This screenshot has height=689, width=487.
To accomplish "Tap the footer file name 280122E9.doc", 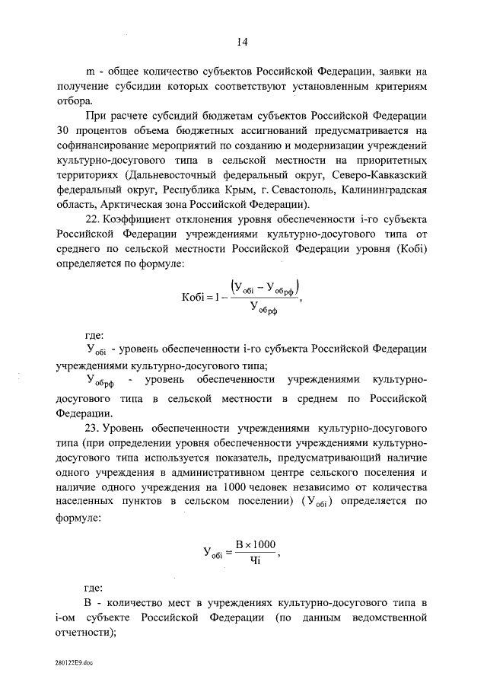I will [x=75, y=665].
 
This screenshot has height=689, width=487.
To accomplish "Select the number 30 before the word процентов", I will [x=64, y=130].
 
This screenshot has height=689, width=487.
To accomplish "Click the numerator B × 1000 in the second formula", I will [x=255, y=544].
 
